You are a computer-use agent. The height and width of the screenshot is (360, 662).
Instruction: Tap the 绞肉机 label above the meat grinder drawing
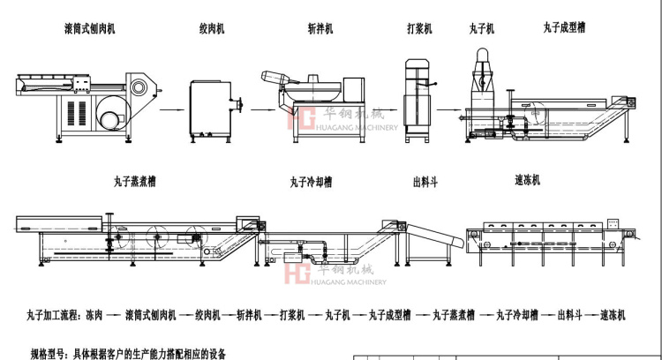(x=211, y=29)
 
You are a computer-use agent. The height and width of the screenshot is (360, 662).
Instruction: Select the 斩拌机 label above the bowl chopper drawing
(x=319, y=29)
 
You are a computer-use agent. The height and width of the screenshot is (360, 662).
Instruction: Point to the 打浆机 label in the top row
(x=419, y=29)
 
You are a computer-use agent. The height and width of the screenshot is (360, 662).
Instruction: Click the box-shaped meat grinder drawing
(x=211, y=109)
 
